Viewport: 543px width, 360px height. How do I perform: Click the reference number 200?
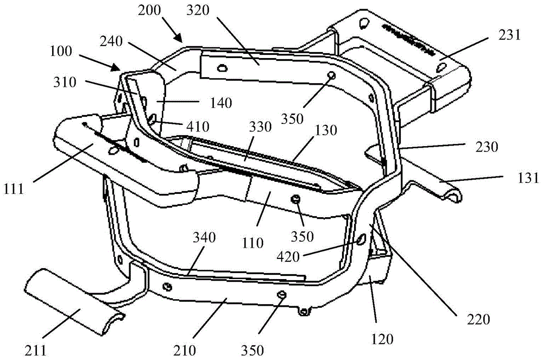pyautogui.click(x=149, y=10)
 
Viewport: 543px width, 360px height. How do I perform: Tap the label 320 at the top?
pyautogui.click(x=198, y=10)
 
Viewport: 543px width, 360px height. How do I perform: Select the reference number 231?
pyautogui.click(x=509, y=35)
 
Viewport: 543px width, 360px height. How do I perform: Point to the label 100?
pyautogui.click(x=61, y=51)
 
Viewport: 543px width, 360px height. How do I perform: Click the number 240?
pyautogui.click(x=111, y=41)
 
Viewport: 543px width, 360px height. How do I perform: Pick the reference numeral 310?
pyautogui.click(x=65, y=82)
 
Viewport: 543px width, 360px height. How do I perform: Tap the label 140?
pyautogui.click(x=221, y=103)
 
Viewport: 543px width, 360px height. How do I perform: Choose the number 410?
pyautogui.click(x=198, y=127)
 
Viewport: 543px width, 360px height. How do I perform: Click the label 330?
pyautogui.click(x=261, y=127)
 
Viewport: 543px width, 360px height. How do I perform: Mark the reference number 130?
pyautogui.click(x=326, y=130)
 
